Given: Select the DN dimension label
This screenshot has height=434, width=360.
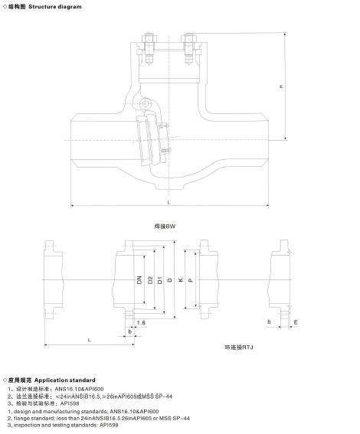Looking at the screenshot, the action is [x=139, y=280].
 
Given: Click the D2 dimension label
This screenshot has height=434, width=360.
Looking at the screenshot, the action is [x=150, y=280].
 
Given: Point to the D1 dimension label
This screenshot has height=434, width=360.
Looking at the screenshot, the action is [x=159, y=280].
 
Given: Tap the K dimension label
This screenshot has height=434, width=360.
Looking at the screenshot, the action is [x=180, y=280].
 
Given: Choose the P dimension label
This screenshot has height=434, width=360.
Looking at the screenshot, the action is [x=190, y=280].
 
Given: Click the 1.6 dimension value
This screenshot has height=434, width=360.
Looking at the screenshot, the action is [x=141, y=323].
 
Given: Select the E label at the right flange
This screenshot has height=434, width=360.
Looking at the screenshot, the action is [x=296, y=323].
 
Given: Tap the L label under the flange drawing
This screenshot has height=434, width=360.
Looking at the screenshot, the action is [x=90, y=338].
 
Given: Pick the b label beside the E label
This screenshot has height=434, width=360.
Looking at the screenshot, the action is [x=269, y=323].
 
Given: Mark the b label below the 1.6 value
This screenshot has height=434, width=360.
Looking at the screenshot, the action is [x=130, y=332].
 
